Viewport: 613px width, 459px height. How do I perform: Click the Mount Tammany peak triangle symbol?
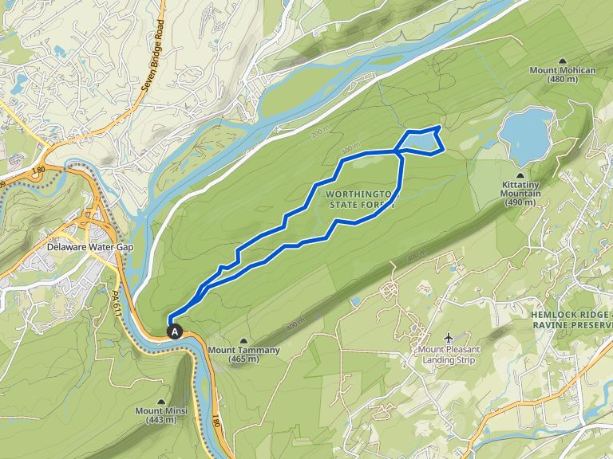(x=243, y=340)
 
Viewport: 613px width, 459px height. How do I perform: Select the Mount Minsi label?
(x=162, y=415)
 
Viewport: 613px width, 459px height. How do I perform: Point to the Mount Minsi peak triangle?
(x=162, y=402)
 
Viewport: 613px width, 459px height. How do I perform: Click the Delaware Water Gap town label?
(x=89, y=247)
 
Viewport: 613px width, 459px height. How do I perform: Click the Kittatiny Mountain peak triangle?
(x=521, y=175)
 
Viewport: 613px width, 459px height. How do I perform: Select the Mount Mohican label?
(x=563, y=74)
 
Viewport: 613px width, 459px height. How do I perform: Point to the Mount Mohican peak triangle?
(x=563, y=61)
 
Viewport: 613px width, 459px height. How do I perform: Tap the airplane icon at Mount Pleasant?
(x=447, y=338)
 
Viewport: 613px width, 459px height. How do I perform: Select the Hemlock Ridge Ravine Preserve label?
(x=571, y=320)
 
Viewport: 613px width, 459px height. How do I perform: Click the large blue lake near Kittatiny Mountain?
(x=526, y=134)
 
